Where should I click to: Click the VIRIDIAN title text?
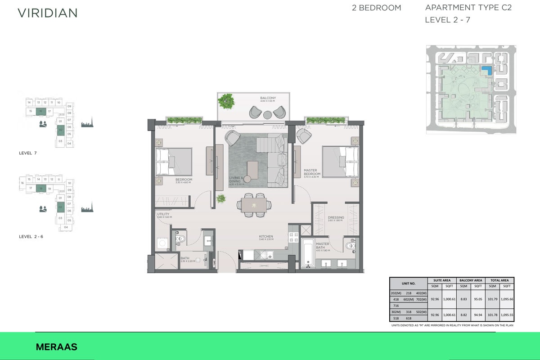[47, 13]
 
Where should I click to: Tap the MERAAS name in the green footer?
[56, 347]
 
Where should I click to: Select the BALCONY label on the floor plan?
[268, 98]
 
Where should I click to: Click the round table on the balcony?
[268, 114]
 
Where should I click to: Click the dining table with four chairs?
[254, 205]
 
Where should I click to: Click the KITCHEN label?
[265, 237]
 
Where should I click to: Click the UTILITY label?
[164, 215]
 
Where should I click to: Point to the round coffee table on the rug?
[247, 179]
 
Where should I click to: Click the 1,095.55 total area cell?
[507, 315]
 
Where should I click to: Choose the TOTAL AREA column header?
[499, 280]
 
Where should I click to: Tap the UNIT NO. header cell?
[409, 283]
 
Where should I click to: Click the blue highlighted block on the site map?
[486, 70]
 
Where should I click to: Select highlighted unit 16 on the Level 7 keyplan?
[40, 111]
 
